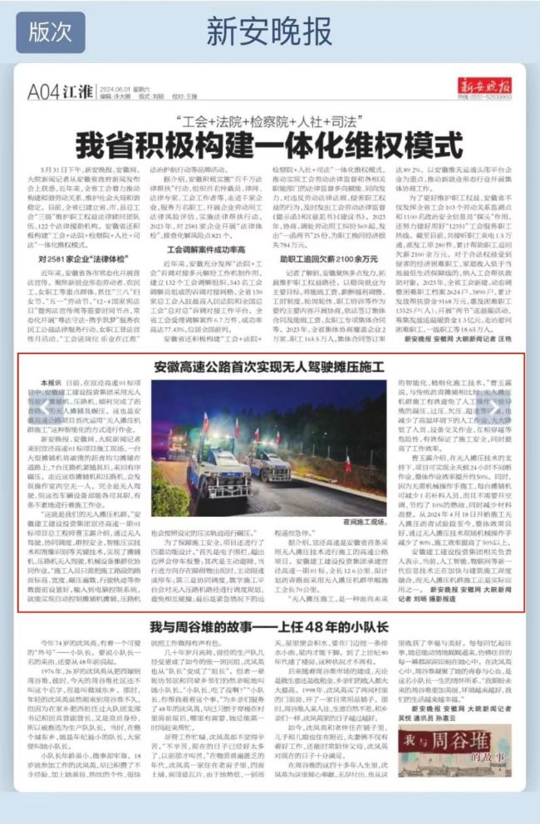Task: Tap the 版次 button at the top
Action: [50, 32]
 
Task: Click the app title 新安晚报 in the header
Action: [269, 32]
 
